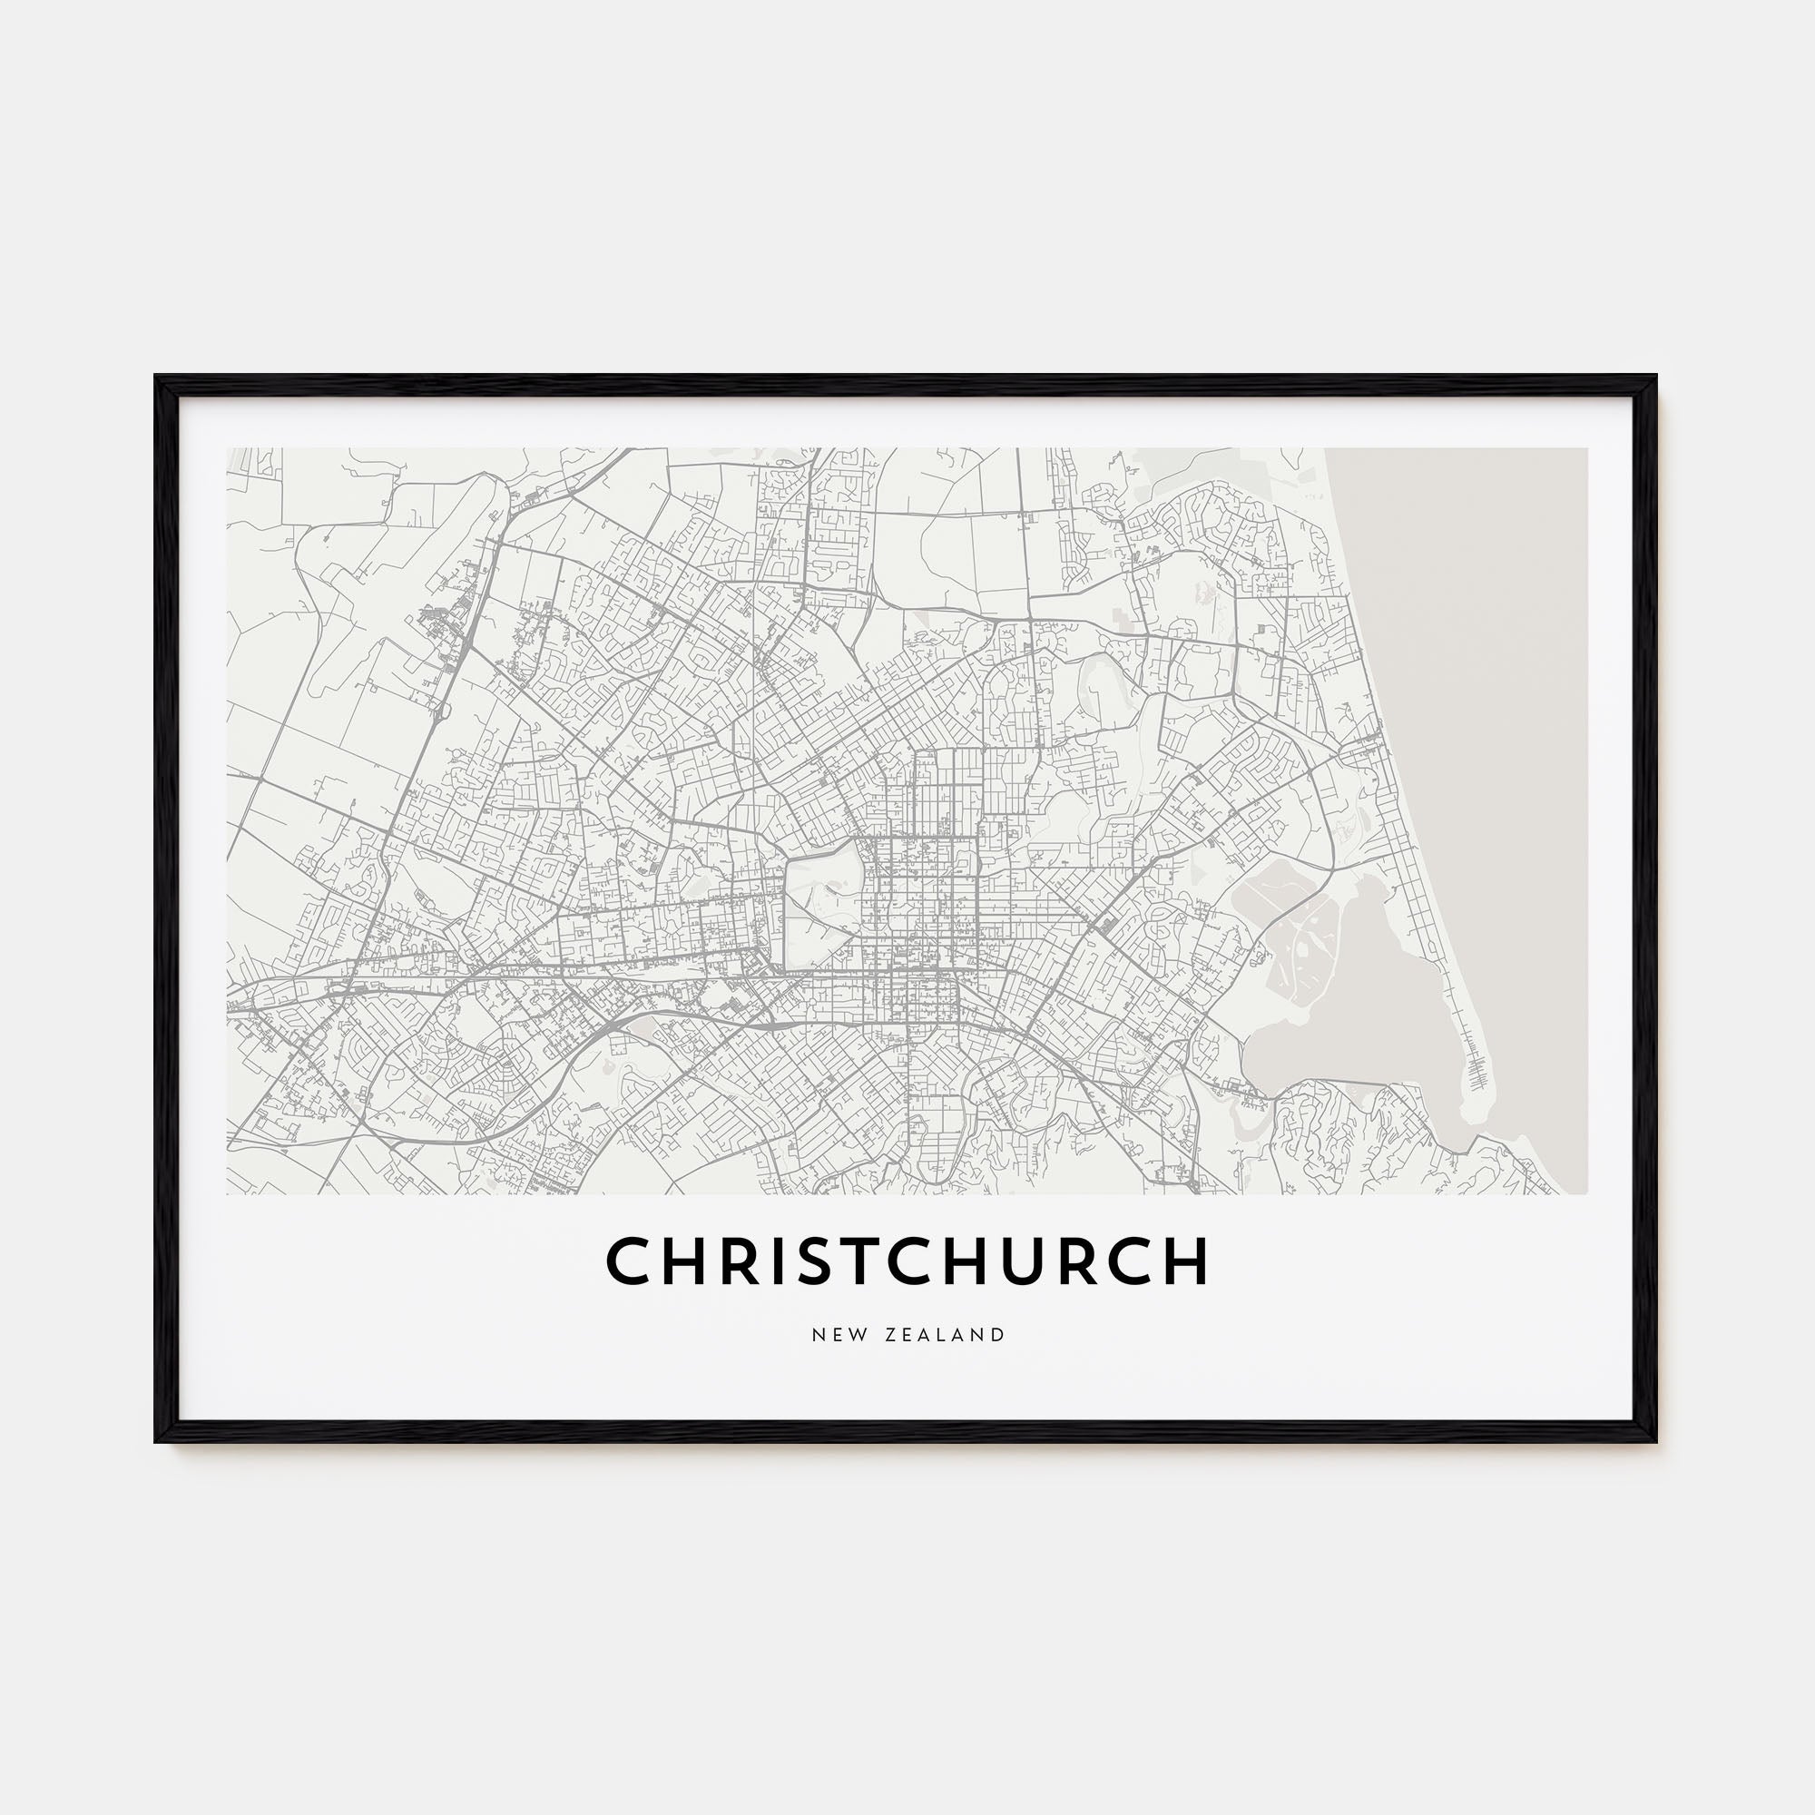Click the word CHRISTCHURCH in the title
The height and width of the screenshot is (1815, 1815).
tap(907, 1260)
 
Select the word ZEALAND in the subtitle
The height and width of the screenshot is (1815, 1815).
tap(945, 1335)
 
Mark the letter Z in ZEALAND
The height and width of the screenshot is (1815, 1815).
tap(891, 1335)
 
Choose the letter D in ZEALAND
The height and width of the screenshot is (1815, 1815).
tap(998, 1335)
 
